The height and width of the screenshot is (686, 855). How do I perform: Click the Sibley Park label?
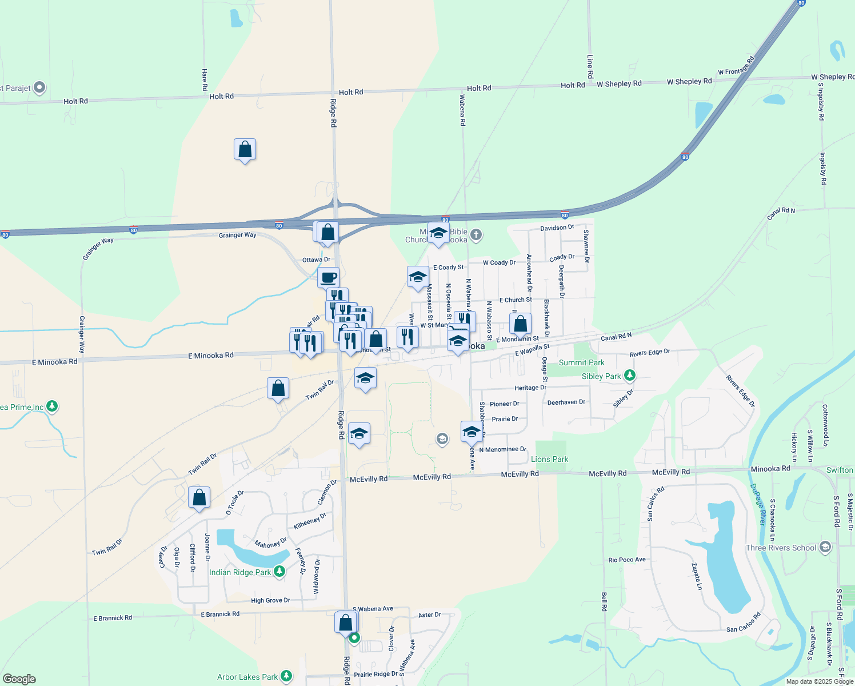(x=601, y=376)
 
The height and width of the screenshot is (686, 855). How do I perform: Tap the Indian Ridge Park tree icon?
(x=279, y=571)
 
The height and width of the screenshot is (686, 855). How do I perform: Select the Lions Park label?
(x=549, y=459)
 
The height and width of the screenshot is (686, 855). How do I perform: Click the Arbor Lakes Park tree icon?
(x=286, y=676)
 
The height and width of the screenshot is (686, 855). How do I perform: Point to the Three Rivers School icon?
(x=825, y=547)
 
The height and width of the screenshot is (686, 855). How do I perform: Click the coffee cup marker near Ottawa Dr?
(x=328, y=278)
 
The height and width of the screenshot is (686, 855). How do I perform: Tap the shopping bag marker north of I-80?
(x=245, y=150)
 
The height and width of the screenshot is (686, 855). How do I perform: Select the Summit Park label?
(x=581, y=362)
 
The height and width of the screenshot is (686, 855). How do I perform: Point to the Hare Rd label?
(x=205, y=80)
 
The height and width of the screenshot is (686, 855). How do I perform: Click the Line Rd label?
(x=590, y=66)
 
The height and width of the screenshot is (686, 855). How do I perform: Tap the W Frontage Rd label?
(x=736, y=66)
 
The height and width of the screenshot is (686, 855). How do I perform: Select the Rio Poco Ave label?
(x=627, y=560)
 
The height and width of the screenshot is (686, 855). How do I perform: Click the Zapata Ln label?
(x=696, y=576)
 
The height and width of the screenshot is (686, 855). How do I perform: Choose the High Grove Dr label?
(x=270, y=600)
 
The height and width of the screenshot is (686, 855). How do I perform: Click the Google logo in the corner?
(x=19, y=679)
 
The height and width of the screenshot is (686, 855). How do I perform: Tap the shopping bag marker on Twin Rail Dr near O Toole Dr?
(x=199, y=497)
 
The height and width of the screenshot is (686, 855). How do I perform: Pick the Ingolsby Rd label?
(x=823, y=168)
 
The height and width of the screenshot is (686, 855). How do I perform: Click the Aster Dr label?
(x=429, y=615)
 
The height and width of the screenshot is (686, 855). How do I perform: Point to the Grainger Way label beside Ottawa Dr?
(x=237, y=235)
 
